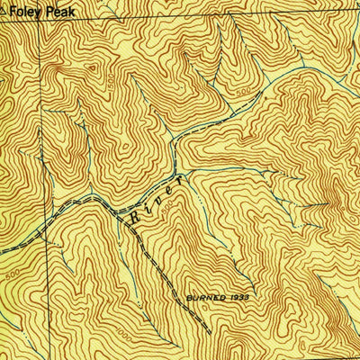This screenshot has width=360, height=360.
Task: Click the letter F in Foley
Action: click(x=13, y=14)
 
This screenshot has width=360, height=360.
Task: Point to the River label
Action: click(x=157, y=199)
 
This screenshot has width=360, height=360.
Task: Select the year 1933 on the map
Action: click(x=238, y=294)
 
